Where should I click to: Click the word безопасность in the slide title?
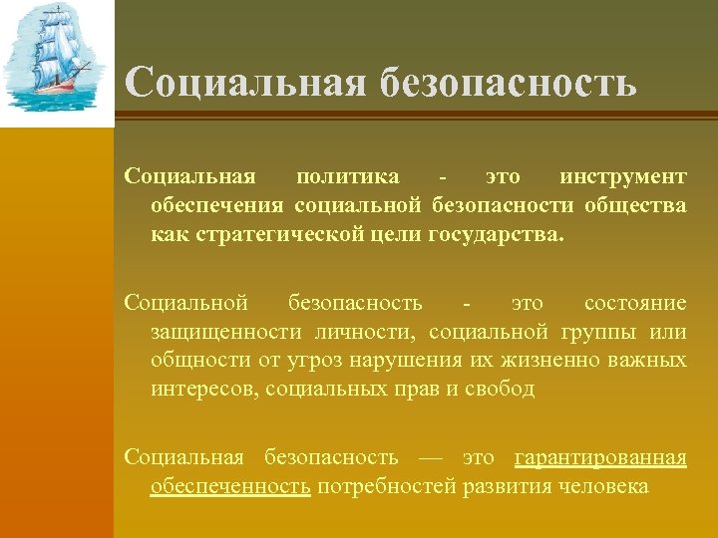click(x=508, y=83)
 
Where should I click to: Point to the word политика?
click(x=348, y=177)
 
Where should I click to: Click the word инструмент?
click(x=622, y=177)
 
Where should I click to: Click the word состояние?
click(x=634, y=302)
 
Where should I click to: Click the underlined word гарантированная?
click(x=600, y=457)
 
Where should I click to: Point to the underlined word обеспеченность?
click(x=230, y=486)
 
